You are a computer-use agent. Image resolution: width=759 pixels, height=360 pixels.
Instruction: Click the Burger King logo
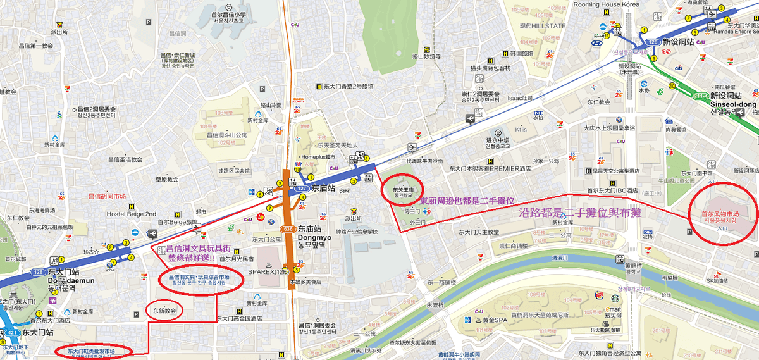598,295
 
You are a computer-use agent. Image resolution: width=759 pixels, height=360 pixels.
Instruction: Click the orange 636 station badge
289,229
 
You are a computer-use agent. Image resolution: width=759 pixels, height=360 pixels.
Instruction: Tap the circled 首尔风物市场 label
721,217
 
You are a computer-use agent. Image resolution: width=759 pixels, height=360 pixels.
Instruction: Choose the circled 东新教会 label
164,311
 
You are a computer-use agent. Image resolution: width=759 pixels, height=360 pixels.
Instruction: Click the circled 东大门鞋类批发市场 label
92,351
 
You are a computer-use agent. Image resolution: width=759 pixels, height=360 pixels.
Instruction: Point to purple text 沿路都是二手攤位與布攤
579,213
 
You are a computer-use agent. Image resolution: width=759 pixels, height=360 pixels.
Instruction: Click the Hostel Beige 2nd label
131,214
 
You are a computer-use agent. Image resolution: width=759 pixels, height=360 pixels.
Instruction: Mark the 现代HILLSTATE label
542,26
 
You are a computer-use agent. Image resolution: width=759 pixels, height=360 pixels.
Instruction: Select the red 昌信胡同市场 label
106,196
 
